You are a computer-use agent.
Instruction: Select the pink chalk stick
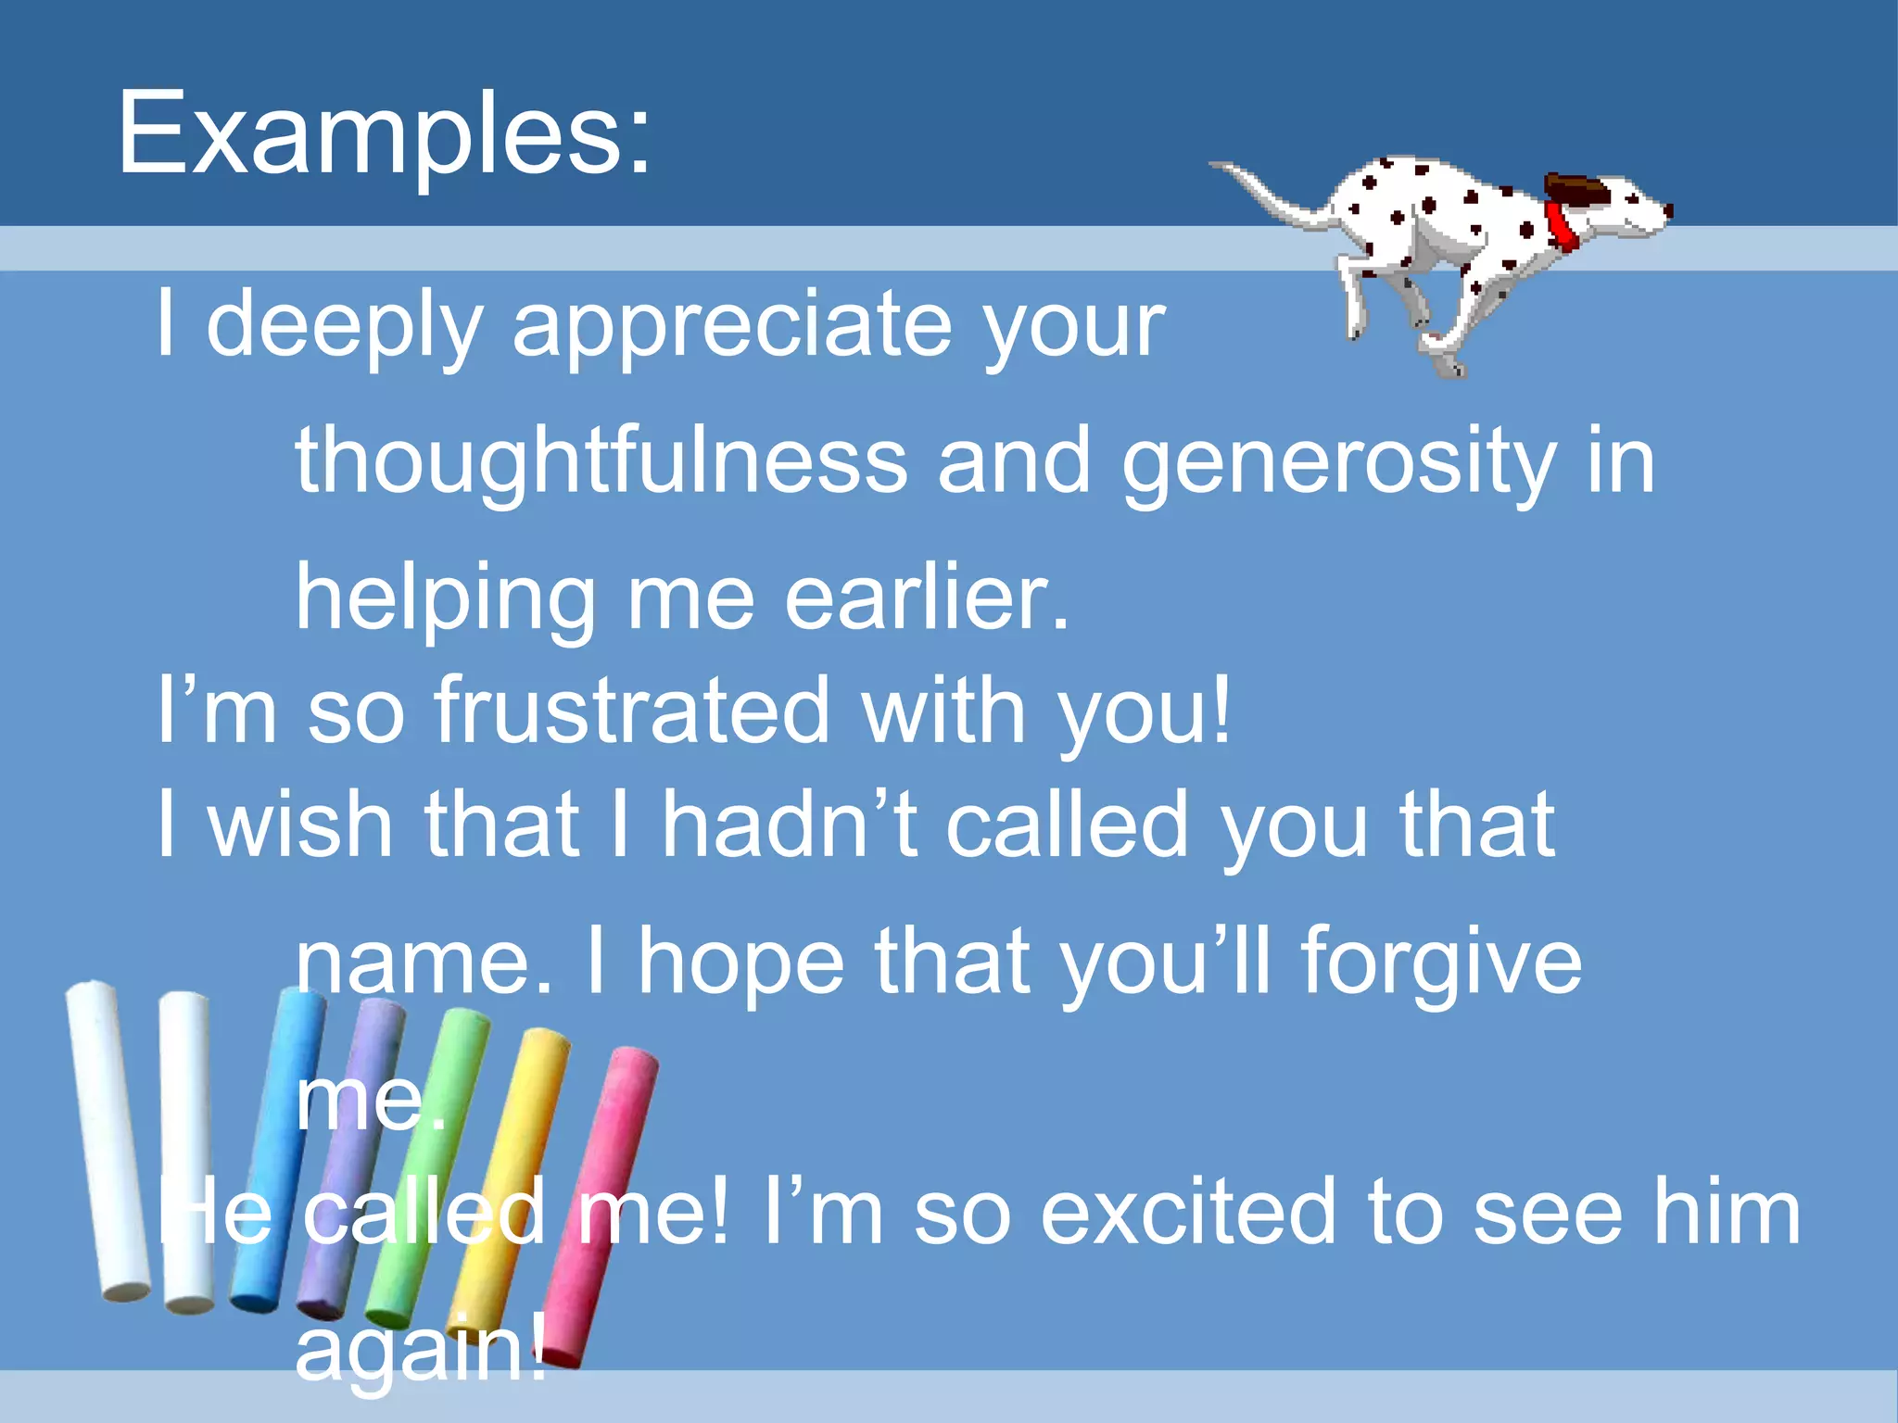(598, 1204)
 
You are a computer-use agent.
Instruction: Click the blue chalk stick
(278, 1149)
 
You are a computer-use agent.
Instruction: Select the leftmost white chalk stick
(107, 1140)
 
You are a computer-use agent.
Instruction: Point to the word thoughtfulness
(601, 461)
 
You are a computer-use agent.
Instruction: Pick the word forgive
(1441, 963)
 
